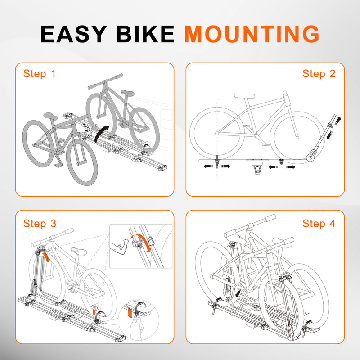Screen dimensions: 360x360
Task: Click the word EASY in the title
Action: click(74, 34)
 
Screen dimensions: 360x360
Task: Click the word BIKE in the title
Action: click(145, 34)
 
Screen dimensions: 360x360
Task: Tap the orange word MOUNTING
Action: click(252, 34)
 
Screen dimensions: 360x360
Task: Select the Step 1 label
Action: click(40, 74)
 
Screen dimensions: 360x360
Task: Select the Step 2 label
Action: click(319, 74)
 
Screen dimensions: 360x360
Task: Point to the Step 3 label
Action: click(40, 223)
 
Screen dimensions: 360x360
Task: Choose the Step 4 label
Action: click(319, 223)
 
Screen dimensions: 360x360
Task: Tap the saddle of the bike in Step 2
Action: click(244, 96)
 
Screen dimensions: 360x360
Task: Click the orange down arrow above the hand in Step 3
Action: click(130, 313)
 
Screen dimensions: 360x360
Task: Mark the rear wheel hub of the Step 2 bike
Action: click(217, 133)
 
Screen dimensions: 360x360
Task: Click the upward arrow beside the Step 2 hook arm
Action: click(338, 121)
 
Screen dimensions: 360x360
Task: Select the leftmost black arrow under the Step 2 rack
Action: click(208, 166)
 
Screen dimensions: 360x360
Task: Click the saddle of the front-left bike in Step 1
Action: click(50, 116)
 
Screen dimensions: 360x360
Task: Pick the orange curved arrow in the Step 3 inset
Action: click(142, 242)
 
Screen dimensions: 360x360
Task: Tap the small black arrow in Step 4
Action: click(239, 293)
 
